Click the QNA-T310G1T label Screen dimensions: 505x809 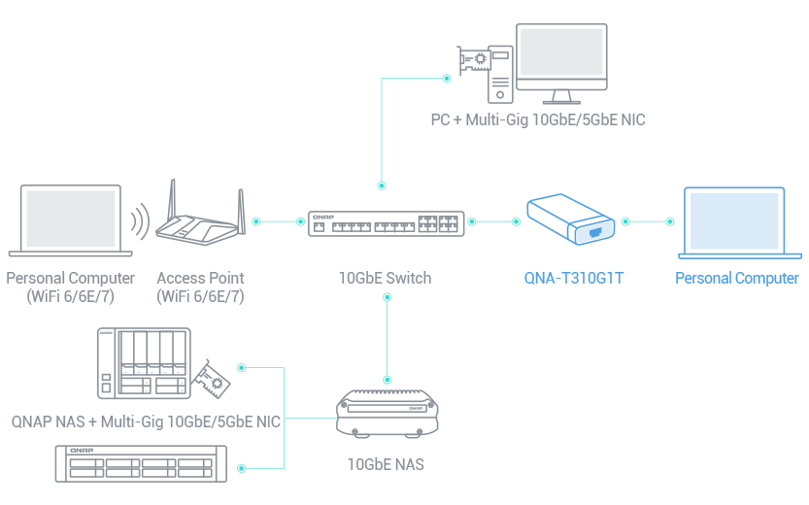pyautogui.click(x=571, y=279)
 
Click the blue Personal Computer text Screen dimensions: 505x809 pyautogui.click(x=736, y=279)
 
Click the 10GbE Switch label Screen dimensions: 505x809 pyautogui.click(x=385, y=279)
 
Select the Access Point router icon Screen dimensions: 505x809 pyautogui.click(x=200, y=219)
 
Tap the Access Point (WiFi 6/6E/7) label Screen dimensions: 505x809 pyautogui.click(x=200, y=286)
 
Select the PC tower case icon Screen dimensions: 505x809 pyautogui.click(x=500, y=73)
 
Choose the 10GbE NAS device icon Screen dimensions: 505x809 pyautogui.click(x=388, y=412)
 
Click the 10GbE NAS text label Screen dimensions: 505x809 pyautogui.click(x=386, y=463)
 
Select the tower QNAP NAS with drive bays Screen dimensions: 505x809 pyautogui.click(x=142, y=362)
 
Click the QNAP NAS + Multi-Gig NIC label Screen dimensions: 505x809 pyautogui.click(x=146, y=421)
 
